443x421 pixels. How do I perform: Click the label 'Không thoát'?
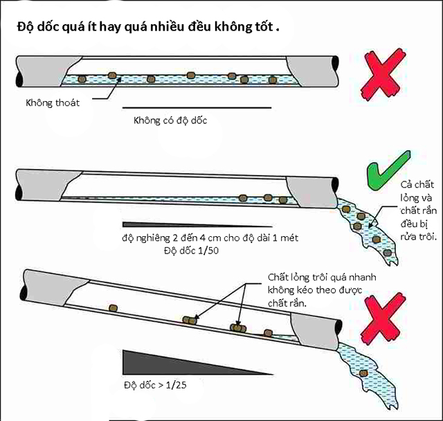pyautogui.click(x=53, y=103)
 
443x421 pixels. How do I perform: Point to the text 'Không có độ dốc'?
pyautogui.click(x=170, y=120)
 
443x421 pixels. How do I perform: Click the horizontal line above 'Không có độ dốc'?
pyautogui.click(x=197, y=108)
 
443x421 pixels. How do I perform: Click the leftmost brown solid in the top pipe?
pyautogui.click(x=82, y=80)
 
